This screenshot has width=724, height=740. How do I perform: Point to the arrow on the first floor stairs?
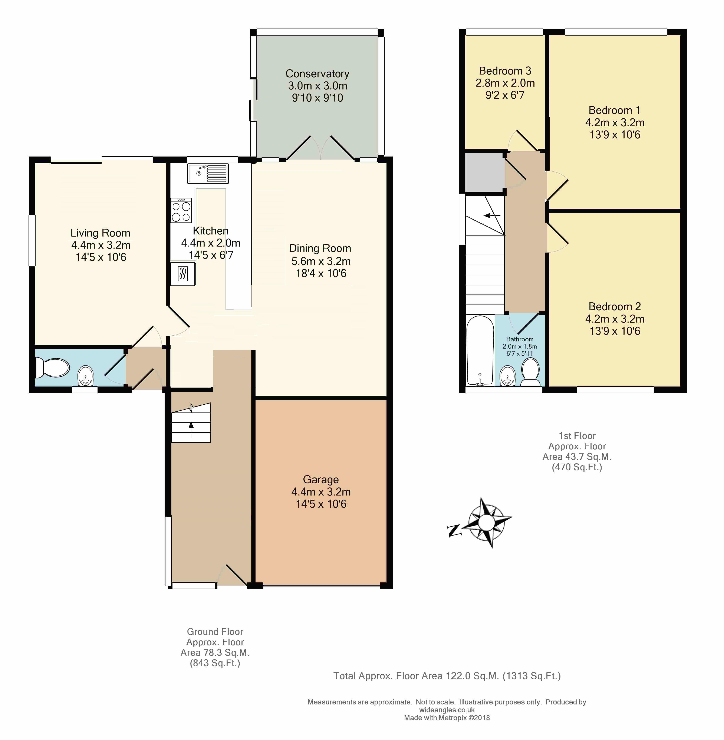click(492, 216)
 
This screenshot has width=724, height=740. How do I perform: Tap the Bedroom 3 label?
click(505, 71)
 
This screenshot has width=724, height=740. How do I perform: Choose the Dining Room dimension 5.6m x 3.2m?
click(321, 261)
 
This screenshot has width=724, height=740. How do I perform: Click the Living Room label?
click(100, 233)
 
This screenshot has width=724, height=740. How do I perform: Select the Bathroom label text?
click(519, 339)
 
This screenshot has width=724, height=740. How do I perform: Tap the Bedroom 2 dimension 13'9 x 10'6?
click(615, 331)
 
